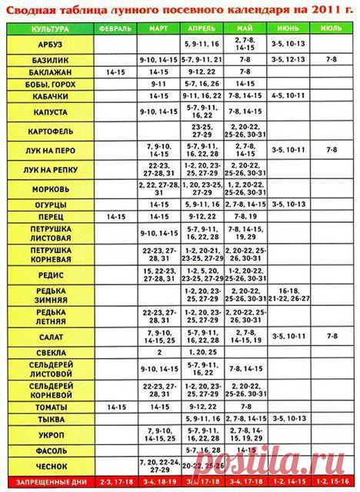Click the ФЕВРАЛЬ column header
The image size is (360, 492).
click(x=115, y=28)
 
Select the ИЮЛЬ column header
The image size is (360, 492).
click(x=332, y=28)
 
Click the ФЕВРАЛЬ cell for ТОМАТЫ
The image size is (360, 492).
click(x=115, y=406)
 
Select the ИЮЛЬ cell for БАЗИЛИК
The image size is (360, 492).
click(x=332, y=58)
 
